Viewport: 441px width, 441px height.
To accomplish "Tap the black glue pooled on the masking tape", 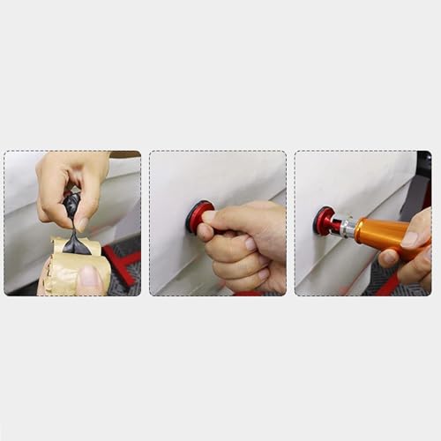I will click(x=77, y=246).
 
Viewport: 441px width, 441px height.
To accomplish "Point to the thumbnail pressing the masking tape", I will click(x=88, y=278).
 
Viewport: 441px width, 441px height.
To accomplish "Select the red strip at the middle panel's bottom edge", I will click(x=247, y=293).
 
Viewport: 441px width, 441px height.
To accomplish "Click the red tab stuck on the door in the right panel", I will click(x=325, y=220).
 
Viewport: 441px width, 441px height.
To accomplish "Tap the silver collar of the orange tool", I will click(x=347, y=228).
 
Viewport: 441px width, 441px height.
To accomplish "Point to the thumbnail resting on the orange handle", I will click(x=408, y=239).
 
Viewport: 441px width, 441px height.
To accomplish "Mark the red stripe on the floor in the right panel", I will click(x=388, y=284).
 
